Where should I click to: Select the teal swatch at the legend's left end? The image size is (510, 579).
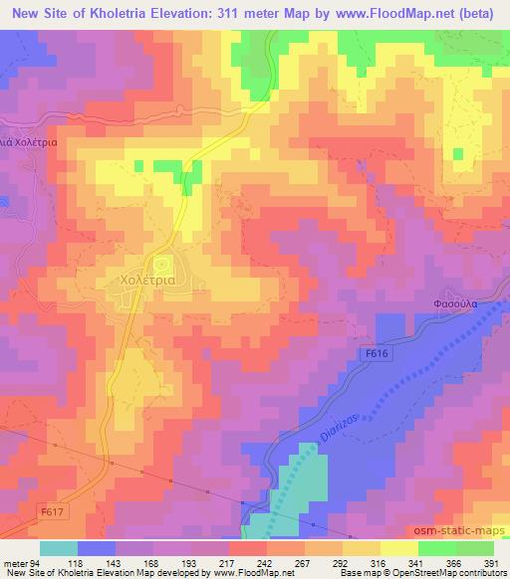[x=59, y=547]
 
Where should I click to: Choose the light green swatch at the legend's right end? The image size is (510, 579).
[x=475, y=547]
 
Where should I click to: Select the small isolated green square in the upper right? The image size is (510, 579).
[x=457, y=154]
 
